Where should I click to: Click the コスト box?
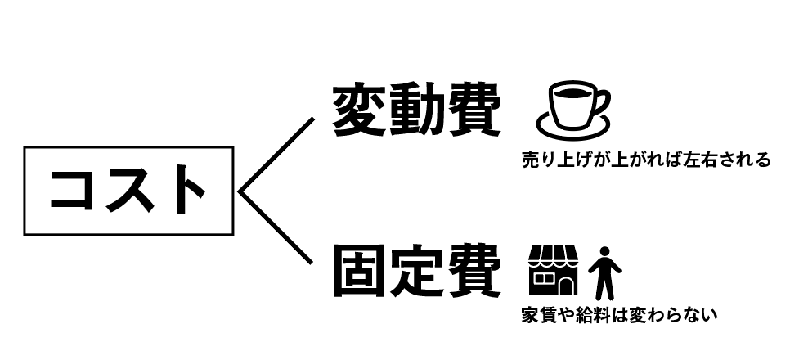(129, 191)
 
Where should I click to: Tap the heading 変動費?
(415, 110)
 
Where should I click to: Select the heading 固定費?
(415, 272)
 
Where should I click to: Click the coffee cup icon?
(572, 104)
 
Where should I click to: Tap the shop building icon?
(554, 270)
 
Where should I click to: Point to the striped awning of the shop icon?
(554, 255)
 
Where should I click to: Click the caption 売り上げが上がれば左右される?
(645, 160)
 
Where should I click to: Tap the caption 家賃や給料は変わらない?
(618, 314)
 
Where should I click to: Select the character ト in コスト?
(185, 191)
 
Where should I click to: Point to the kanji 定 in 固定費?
(415, 272)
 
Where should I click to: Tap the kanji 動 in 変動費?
(415, 110)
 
